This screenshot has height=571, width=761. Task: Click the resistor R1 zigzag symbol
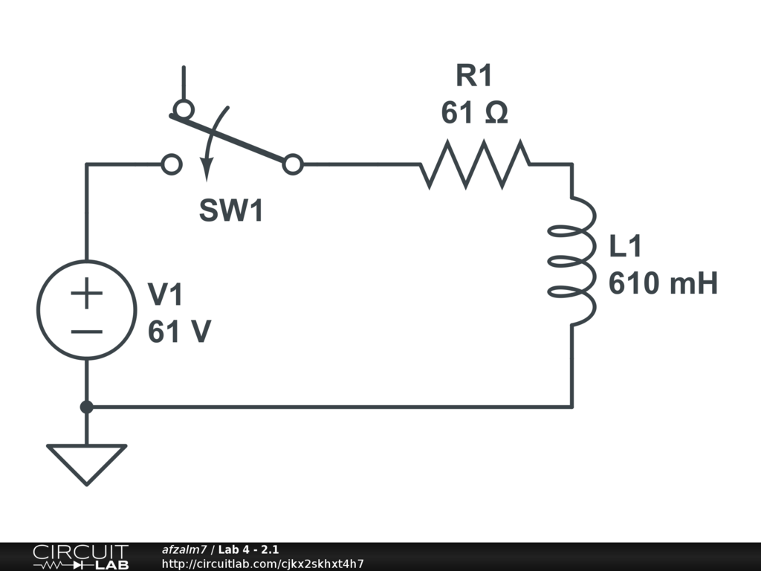(x=475, y=164)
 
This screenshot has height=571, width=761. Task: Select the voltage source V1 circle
(x=87, y=310)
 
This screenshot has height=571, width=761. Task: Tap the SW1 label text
(x=231, y=212)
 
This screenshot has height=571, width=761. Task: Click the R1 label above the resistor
(x=474, y=76)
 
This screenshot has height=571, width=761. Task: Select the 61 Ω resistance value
(x=474, y=114)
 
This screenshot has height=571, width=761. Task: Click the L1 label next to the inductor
(x=626, y=248)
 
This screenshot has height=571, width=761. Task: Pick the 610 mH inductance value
(x=663, y=284)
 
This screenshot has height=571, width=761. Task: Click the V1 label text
(x=165, y=295)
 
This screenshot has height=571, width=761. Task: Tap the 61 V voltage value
(x=178, y=332)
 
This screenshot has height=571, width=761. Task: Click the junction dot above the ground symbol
(x=87, y=407)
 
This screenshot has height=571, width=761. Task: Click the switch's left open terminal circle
(x=172, y=164)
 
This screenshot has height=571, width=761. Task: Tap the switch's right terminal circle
(x=294, y=164)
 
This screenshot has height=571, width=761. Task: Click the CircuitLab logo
(x=80, y=557)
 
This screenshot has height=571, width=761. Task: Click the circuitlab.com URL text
(x=262, y=564)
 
